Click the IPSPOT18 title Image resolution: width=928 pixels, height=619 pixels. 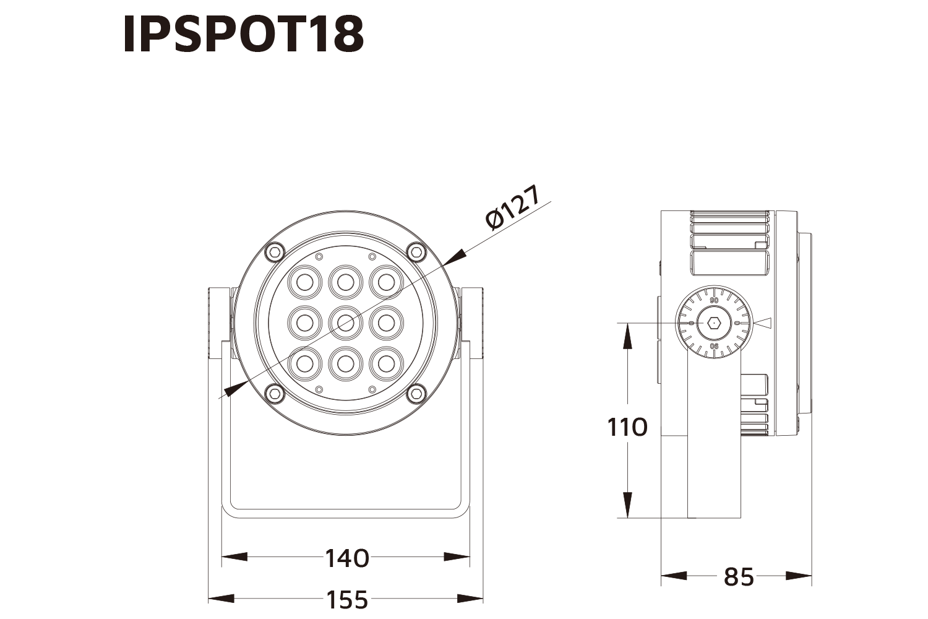(x=243, y=34)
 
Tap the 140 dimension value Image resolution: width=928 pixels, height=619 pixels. (x=347, y=558)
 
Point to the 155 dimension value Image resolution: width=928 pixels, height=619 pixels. (x=347, y=599)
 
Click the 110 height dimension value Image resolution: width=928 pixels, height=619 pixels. (x=627, y=428)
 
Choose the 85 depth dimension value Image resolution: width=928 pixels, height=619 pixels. (x=739, y=578)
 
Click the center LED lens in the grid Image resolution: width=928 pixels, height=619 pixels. (x=345, y=322)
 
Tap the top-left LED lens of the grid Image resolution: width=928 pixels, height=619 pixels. (x=304, y=282)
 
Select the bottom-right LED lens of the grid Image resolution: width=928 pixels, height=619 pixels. (x=386, y=363)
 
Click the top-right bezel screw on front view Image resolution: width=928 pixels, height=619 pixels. (x=417, y=251)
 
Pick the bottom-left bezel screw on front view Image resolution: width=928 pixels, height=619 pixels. (x=274, y=392)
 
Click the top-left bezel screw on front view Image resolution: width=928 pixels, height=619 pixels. (x=274, y=251)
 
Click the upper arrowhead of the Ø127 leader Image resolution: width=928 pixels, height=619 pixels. (x=455, y=256)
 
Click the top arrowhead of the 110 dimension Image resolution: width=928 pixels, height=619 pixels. (x=627, y=335)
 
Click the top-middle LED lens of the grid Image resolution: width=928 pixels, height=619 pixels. (x=345, y=282)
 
